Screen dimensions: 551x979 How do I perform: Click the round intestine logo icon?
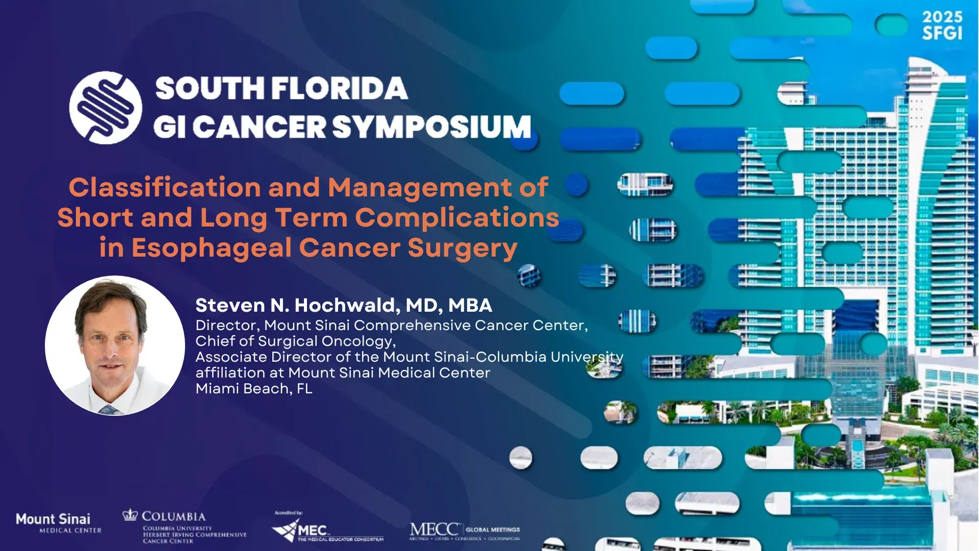(x=106, y=108)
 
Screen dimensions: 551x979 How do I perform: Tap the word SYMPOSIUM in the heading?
(x=432, y=127)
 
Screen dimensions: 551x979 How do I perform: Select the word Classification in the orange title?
(x=165, y=187)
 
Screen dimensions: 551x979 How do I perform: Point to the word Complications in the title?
(x=457, y=217)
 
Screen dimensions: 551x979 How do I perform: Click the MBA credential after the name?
(x=470, y=305)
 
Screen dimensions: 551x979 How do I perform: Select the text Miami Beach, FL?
(x=253, y=389)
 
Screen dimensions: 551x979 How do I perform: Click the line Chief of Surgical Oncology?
(x=295, y=341)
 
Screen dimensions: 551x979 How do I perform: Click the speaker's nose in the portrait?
(x=111, y=347)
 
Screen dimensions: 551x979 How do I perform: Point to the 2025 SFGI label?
(x=942, y=25)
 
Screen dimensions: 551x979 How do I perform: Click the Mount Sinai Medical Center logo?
(x=56, y=523)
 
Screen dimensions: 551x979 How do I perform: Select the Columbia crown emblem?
(x=130, y=515)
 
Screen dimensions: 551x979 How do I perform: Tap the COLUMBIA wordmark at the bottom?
(x=174, y=516)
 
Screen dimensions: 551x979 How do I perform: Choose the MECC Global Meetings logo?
(x=464, y=531)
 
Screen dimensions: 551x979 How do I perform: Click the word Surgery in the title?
(x=462, y=248)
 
